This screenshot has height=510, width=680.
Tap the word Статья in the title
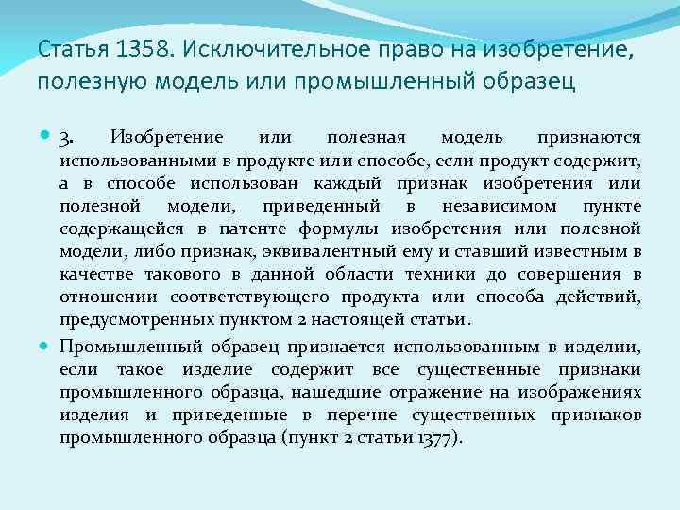tap(65, 48)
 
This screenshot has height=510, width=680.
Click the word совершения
tap(567, 274)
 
